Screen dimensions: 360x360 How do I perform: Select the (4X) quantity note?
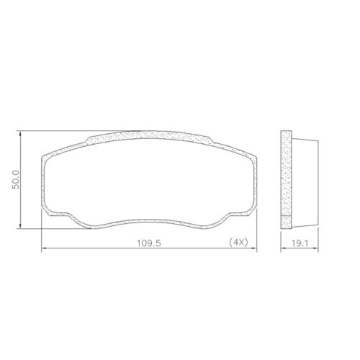click(238, 242)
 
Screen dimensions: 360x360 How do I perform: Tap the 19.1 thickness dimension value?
click(300, 242)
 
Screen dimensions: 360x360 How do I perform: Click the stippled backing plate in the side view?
click(286, 173)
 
